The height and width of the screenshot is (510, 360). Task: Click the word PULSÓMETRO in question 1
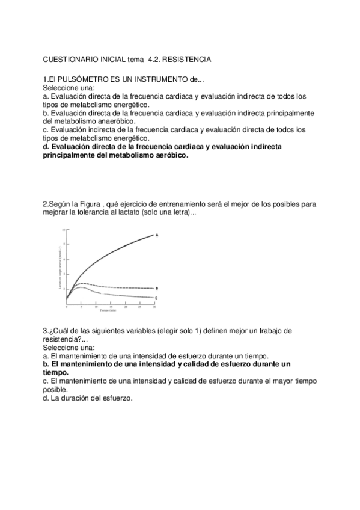pyautogui.click(x=79, y=80)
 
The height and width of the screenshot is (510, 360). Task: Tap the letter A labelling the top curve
pyautogui.click(x=157, y=235)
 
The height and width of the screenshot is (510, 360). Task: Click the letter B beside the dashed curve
pyautogui.click(x=157, y=288)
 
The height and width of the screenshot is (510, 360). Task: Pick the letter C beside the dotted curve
pyautogui.click(x=156, y=298)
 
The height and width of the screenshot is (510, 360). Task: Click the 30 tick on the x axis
pyautogui.click(x=154, y=307)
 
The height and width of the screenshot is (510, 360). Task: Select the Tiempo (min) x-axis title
pyautogui.click(x=109, y=311)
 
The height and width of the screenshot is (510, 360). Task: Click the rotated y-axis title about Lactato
pyautogui.click(x=59, y=268)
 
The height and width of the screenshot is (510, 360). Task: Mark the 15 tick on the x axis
pyautogui.click(x=111, y=307)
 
